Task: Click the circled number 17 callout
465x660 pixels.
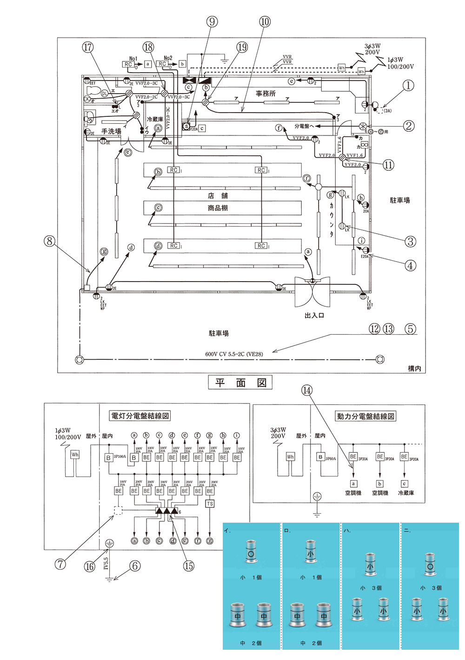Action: (88, 47)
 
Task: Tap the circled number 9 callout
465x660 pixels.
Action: (212, 21)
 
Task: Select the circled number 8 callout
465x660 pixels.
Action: (49, 241)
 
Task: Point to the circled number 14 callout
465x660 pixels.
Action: (307, 391)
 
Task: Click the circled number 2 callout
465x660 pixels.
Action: (408, 126)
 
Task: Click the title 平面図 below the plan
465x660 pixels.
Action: (240, 383)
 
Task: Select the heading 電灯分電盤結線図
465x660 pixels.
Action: (140, 416)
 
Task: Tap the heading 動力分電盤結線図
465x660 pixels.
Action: (365, 416)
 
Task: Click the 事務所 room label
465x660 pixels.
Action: (266, 94)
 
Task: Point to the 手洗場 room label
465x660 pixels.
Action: (111, 131)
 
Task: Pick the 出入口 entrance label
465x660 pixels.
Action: (314, 316)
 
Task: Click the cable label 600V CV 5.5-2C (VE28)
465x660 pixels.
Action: (234, 354)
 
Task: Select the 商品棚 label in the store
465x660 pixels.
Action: (218, 208)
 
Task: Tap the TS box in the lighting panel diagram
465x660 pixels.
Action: (210, 504)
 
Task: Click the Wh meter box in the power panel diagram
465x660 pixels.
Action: (291, 457)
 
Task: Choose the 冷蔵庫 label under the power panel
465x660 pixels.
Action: (406, 493)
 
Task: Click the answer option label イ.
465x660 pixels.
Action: (227, 531)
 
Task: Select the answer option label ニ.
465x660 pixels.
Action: (407, 531)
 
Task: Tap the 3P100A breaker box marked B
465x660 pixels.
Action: (108, 458)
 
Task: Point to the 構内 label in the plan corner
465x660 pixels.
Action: (414, 369)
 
